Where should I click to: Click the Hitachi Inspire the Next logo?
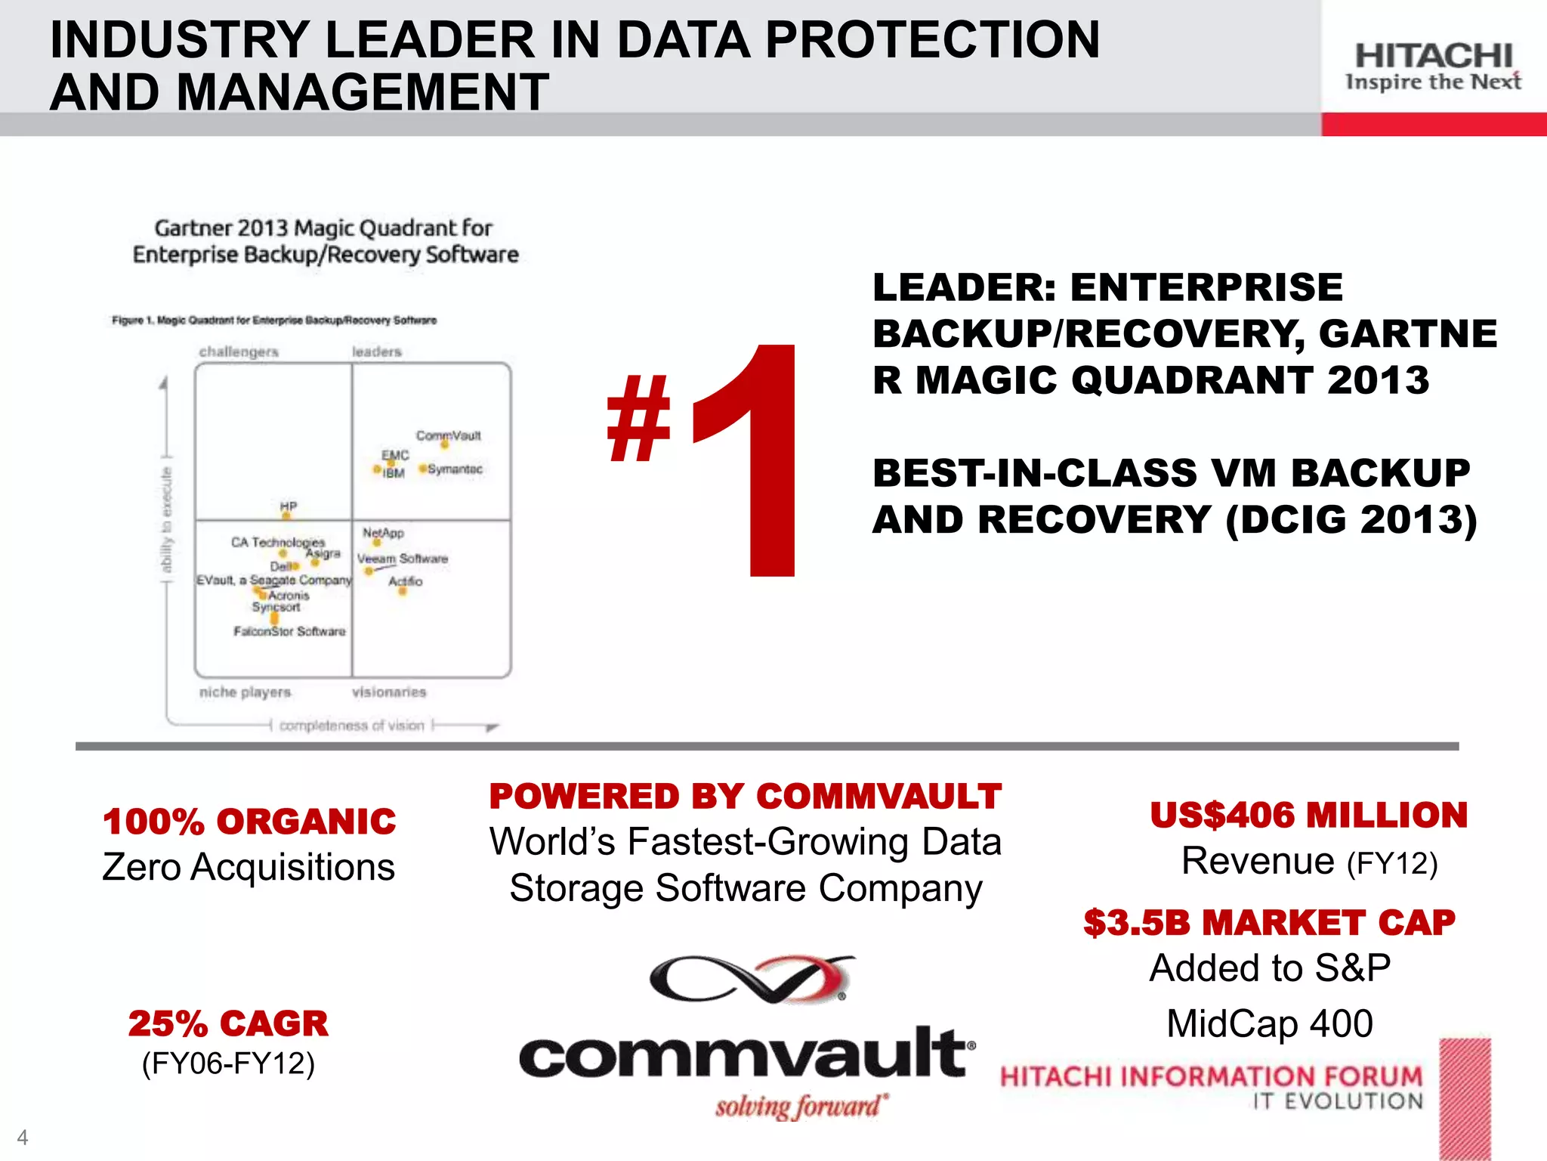point(1433,67)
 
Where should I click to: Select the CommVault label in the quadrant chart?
point(448,435)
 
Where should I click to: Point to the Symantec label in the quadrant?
point(455,469)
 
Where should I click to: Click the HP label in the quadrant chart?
point(289,506)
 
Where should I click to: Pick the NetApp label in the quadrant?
point(383,533)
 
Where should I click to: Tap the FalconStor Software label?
point(289,631)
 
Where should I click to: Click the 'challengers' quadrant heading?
point(239,351)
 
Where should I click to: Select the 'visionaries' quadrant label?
point(389,692)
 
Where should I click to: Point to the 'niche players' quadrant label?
point(245,692)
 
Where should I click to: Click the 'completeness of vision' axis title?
point(351,726)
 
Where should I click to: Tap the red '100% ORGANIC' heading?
point(249,822)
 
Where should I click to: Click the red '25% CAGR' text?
point(228,1023)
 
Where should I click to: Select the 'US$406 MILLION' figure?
point(1308,815)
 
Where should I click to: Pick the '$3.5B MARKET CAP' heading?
point(1269,923)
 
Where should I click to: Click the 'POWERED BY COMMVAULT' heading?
point(745,797)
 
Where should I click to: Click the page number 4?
point(23,1137)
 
